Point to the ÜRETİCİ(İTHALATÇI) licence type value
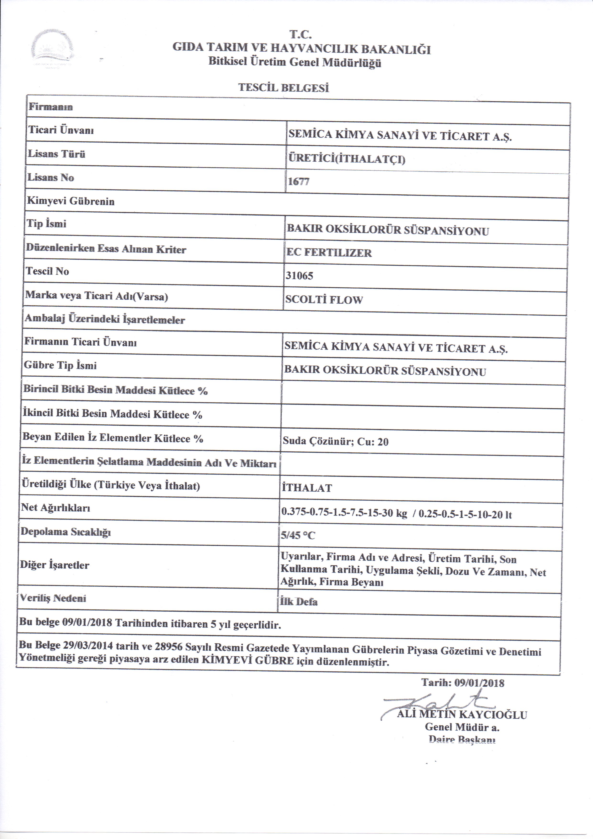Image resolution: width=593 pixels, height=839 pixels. pos(347,160)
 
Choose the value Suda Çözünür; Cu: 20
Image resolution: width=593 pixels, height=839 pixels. pos(335,442)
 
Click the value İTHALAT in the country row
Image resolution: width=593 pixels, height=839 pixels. pos(307,488)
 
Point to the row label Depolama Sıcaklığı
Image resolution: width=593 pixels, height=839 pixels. pos(65,532)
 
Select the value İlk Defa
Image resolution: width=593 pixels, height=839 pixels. pos(299,602)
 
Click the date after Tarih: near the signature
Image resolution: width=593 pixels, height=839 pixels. pos(479,683)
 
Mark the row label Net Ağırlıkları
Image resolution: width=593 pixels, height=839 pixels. pos(55,508)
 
